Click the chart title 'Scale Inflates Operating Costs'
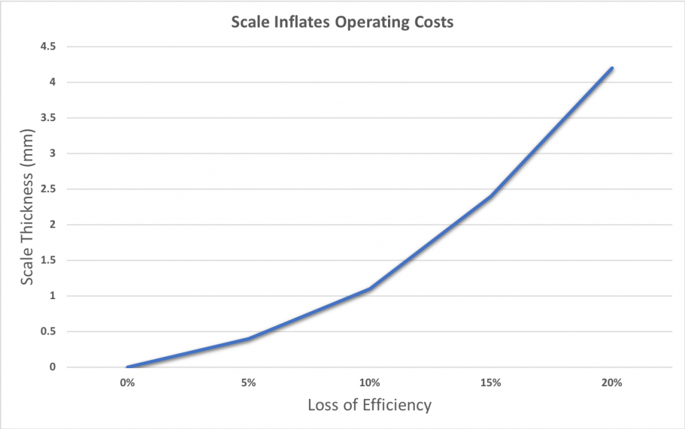pyautogui.click(x=342, y=22)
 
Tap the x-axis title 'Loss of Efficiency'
pyautogui.click(x=369, y=405)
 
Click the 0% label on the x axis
pyautogui.click(x=126, y=383)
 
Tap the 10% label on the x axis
pyautogui.click(x=369, y=383)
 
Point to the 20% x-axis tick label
pyautogui.click(x=611, y=383)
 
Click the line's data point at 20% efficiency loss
pyautogui.click(x=611, y=68)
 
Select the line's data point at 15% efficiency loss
pyautogui.click(x=490, y=196)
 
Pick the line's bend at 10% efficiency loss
pyautogui.click(x=369, y=288)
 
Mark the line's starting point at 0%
pyautogui.click(x=126, y=367)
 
